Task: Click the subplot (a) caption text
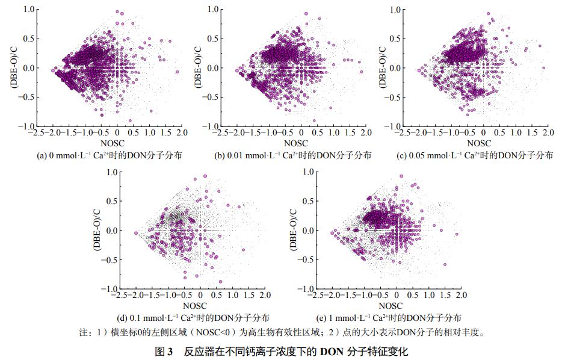point(110,155)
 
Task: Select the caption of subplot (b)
point(292,155)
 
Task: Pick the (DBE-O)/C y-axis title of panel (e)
point(295,230)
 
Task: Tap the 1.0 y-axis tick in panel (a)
point(28,10)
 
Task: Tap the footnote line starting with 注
point(283,332)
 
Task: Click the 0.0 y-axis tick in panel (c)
point(395,68)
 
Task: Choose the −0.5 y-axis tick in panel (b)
point(212,97)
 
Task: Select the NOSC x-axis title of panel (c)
point(479,144)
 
